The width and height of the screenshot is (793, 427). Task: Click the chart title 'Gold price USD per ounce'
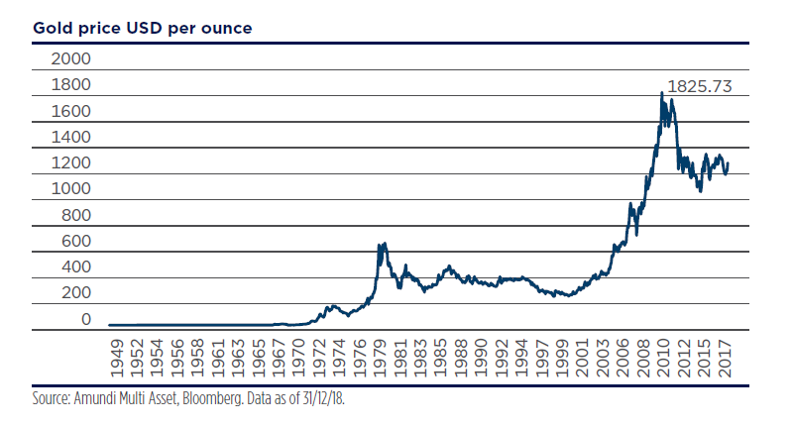(x=143, y=27)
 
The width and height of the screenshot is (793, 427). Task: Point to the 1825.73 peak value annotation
(x=699, y=86)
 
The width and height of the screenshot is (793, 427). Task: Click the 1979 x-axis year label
(x=381, y=353)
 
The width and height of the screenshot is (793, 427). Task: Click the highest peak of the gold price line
(x=661, y=93)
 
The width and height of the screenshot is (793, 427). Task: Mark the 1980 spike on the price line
(x=382, y=244)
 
